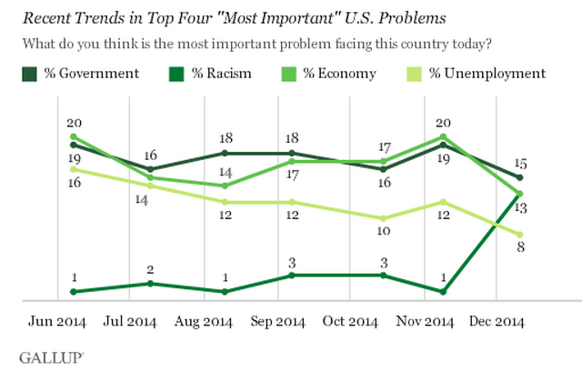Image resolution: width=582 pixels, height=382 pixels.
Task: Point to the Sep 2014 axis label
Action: click(277, 322)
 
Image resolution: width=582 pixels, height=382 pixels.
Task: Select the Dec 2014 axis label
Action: click(495, 322)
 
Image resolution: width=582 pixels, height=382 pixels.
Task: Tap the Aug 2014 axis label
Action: click(204, 322)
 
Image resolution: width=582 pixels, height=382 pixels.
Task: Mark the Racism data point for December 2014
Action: click(520, 193)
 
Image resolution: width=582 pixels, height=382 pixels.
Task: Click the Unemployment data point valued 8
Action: click(520, 235)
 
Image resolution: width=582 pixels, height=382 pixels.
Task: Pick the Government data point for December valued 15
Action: click(520, 177)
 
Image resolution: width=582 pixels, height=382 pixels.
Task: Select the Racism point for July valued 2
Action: click(150, 283)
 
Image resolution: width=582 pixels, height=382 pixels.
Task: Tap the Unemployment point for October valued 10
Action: click(383, 218)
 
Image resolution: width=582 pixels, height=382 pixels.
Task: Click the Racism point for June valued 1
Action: click(72, 291)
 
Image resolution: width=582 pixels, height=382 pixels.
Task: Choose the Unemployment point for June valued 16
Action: click(72, 169)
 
